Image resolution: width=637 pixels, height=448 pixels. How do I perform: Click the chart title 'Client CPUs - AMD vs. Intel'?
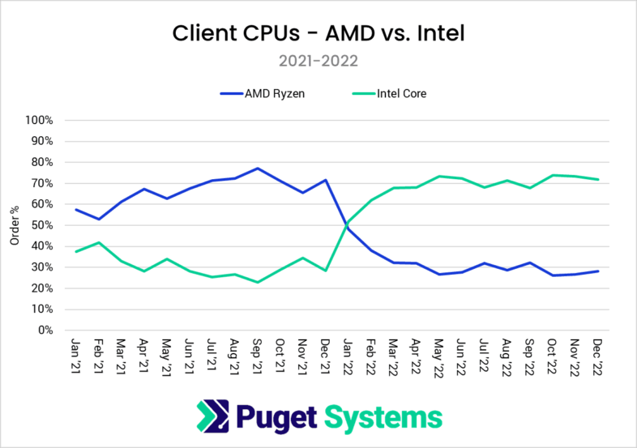[x=318, y=34]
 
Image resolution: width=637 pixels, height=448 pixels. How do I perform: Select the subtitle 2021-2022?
[x=318, y=61]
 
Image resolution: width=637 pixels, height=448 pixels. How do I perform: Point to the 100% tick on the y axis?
[x=39, y=120]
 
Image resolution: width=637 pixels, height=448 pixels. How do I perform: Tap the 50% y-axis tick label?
[x=41, y=225]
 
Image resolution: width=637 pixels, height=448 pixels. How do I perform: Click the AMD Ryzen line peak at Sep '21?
[x=258, y=169]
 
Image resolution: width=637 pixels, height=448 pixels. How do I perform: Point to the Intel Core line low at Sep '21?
[x=258, y=282]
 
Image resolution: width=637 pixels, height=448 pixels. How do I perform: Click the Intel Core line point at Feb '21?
[x=99, y=242]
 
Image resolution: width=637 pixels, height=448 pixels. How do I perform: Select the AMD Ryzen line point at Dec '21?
[x=326, y=180]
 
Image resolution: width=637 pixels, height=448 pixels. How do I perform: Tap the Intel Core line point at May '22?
[x=439, y=176]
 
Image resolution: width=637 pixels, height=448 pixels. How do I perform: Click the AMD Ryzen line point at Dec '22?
[x=598, y=271]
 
